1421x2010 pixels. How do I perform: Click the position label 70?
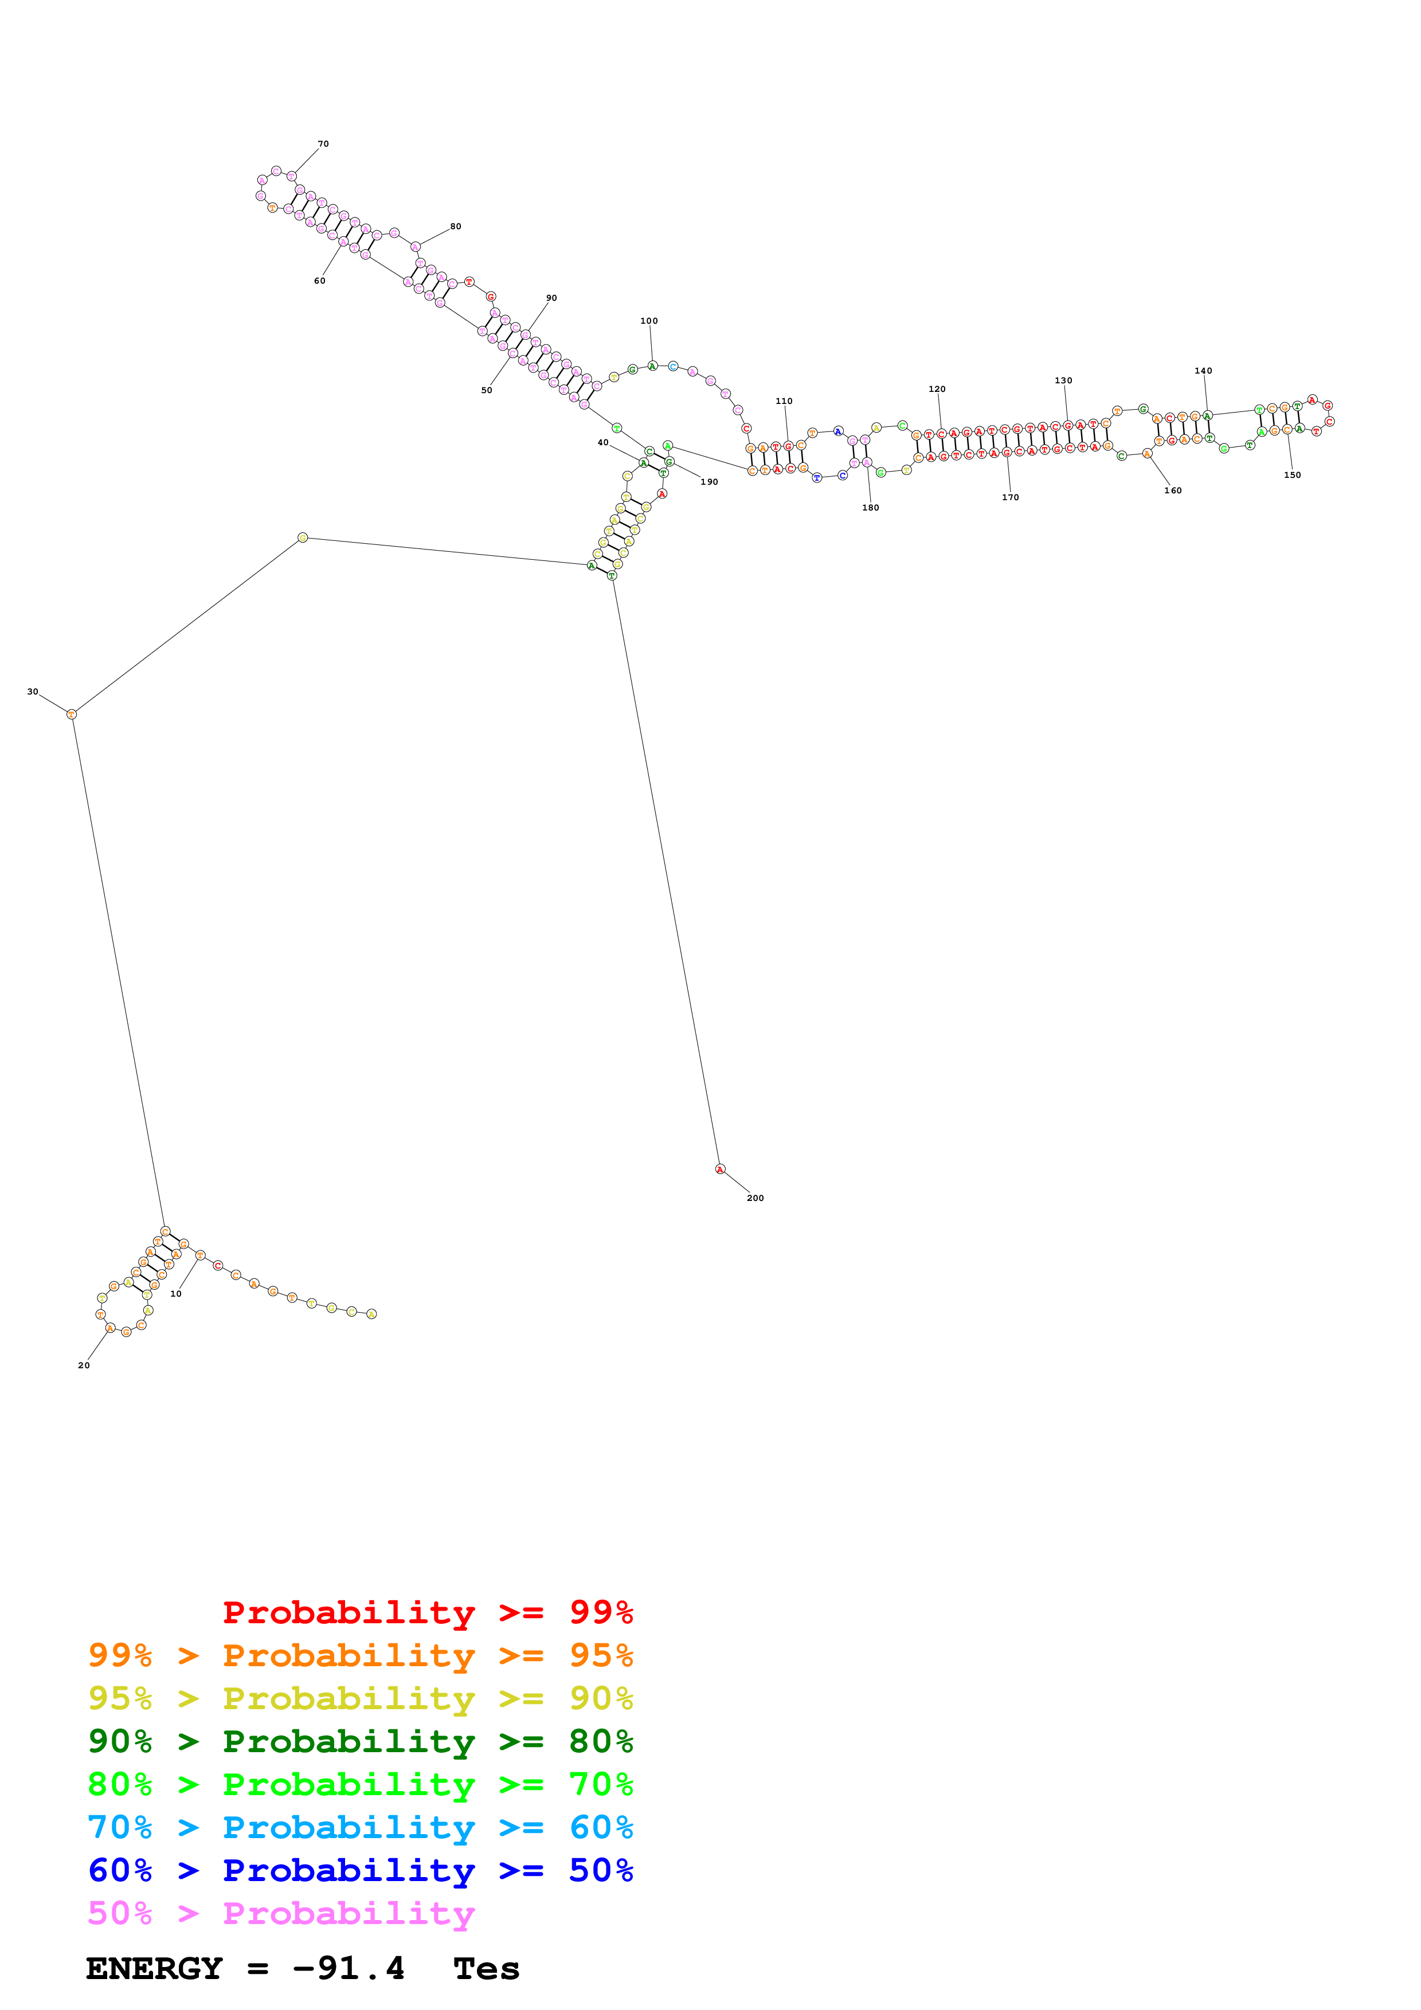[323, 144]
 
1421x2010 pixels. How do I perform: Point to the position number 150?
[1292, 476]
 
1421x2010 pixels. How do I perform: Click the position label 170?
[1011, 497]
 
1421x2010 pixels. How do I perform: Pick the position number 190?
[709, 482]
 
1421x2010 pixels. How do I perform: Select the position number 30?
[33, 692]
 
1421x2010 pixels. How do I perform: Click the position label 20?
[84, 1365]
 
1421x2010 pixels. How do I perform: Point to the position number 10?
[176, 1294]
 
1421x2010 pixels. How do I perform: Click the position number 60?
[320, 281]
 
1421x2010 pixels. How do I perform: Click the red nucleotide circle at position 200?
[721, 1169]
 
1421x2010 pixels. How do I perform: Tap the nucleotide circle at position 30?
[72, 715]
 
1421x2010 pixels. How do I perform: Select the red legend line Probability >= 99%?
[427, 1612]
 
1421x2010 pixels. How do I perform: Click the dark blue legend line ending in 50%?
[360, 1871]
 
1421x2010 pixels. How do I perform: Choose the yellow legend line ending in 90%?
[360, 1698]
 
